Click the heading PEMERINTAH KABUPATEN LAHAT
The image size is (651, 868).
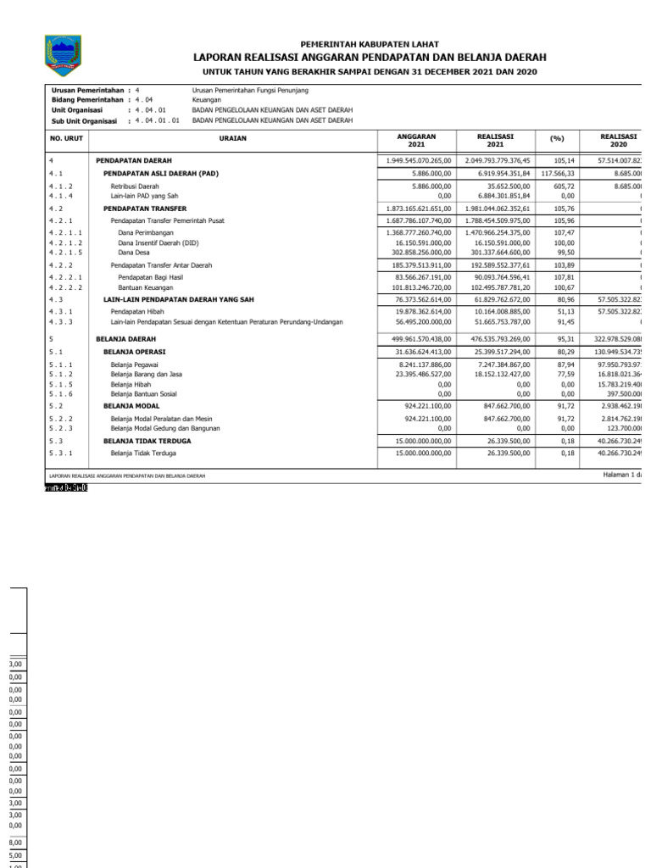click(x=370, y=44)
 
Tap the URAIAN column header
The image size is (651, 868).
click(x=231, y=140)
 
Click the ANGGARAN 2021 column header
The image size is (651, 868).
click(x=416, y=140)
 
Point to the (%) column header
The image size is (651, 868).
click(x=556, y=140)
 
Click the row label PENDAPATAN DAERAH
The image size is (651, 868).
click(x=134, y=160)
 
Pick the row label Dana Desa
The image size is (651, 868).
click(x=134, y=252)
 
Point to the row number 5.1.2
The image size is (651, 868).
click(x=61, y=374)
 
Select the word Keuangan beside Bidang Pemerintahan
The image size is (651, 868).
click(x=207, y=99)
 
